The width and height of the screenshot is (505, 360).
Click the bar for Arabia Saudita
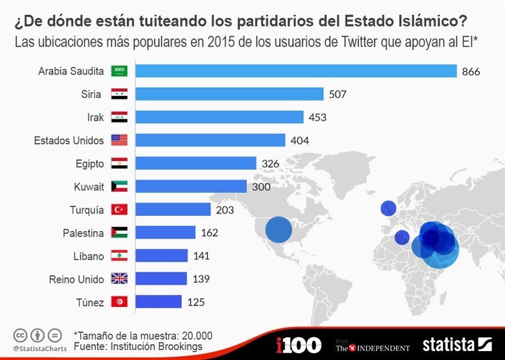[x=296, y=71]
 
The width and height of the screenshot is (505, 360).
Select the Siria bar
[x=230, y=94]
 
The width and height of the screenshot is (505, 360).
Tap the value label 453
[x=318, y=117]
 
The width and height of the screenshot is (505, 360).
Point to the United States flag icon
[x=119, y=140]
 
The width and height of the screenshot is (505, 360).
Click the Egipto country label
[x=89, y=164]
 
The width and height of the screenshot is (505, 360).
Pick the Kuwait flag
[x=119, y=186]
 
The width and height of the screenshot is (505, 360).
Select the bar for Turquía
[x=173, y=210]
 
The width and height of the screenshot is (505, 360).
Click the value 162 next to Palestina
[x=209, y=233]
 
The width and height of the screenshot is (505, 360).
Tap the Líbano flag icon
[x=119, y=256]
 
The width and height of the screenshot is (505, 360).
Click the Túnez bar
[x=158, y=302]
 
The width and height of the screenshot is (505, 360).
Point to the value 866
[x=471, y=71]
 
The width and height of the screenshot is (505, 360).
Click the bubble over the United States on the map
[x=278, y=230]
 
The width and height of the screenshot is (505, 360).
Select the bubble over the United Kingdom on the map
[x=388, y=208]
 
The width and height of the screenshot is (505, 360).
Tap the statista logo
[x=456, y=344]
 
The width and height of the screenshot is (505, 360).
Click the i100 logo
[x=299, y=345]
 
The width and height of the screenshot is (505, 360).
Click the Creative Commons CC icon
[x=20, y=335]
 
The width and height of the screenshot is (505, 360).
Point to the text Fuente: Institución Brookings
[x=138, y=347]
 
